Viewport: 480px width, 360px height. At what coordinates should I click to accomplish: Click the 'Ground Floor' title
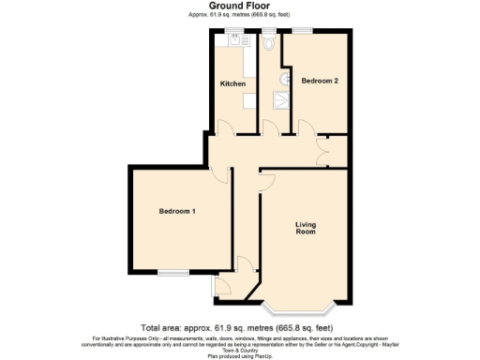[x=239, y=6]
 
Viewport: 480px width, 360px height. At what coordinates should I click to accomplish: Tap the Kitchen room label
[x=232, y=83]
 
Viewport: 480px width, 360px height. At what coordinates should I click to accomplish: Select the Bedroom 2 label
[x=320, y=82]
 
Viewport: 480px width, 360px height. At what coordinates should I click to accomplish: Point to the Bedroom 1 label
[x=177, y=211]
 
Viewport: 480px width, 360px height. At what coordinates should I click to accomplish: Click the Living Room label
[x=306, y=228]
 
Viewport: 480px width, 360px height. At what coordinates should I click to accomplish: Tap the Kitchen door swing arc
[x=223, y=127]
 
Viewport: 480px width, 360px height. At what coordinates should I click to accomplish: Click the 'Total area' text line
[x=239, y=325]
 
